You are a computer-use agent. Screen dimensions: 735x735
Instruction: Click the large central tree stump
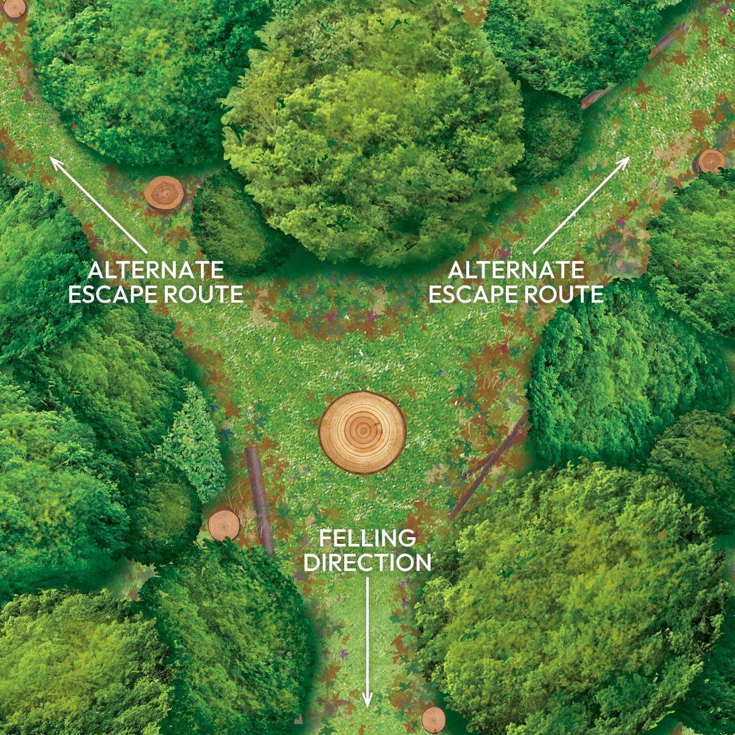pyautogui.click(x=363, y=432)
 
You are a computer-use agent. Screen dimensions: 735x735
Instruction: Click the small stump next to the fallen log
pyautogui.click(x=224, y=525)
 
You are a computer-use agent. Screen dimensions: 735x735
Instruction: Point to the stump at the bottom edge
pyautogui.click(x=433, y=719)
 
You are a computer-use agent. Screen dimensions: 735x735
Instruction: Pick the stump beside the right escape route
pyautogui.click(x=709, y=162)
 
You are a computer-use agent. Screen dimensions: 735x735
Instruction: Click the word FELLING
pyautogui.click(x=367, y=539)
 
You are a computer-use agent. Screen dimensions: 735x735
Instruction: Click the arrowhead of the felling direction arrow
pyautogui.click(x=367, y=699)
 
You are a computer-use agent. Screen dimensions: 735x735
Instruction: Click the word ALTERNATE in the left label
pyautogui.click(x=156, y=270)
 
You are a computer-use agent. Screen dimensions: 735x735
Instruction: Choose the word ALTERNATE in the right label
pyautogui.click(x=516, y=270)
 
